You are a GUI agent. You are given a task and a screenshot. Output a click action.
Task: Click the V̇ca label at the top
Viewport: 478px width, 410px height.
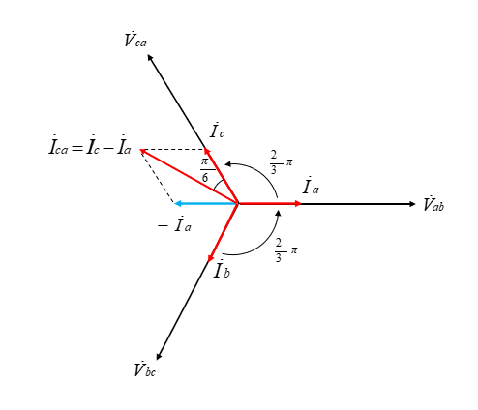[x=135, y=40]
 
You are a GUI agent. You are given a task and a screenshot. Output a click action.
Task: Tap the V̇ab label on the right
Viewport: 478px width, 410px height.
[x=433, y=204]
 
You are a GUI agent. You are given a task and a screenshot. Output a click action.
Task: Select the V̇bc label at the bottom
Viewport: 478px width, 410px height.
[x=145, y=369]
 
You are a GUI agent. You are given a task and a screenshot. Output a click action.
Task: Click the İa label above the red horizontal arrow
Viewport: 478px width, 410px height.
[x=311, y=186]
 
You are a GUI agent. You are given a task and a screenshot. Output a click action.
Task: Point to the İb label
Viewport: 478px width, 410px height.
[x=222, y=269]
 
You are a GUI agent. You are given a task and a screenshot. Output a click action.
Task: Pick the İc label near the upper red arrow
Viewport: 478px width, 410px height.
[x=217, y=131]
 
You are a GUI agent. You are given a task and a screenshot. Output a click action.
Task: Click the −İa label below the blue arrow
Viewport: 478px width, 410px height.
[x=174, y=224]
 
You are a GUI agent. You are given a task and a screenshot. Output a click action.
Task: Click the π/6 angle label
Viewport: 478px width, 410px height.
[x=205, y=170]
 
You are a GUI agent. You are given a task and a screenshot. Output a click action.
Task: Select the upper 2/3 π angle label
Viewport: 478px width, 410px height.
[x=281, y=162]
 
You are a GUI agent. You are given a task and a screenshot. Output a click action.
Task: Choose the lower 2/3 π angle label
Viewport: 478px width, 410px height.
[x=285, y=250]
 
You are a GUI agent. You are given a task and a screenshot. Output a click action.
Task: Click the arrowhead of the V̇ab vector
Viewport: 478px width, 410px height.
[x=412, y=204]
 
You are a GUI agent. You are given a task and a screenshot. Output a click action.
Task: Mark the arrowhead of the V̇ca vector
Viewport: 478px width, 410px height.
[x=150, y=57]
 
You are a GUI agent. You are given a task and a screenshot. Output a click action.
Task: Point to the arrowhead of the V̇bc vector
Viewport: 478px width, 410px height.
[x=159, y=357]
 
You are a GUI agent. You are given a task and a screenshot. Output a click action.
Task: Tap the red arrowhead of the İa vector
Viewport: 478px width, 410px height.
[x=298, y=203]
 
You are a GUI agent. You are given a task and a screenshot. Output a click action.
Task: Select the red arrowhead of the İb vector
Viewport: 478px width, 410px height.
[x=210, y=258]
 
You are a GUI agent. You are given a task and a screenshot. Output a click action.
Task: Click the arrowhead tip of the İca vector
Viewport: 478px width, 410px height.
[x=140, y=149]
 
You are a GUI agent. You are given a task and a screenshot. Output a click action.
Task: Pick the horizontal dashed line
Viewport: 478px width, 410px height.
[x=173, y=150]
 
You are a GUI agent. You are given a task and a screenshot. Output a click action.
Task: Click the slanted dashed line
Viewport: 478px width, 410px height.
[x=158, y=177]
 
